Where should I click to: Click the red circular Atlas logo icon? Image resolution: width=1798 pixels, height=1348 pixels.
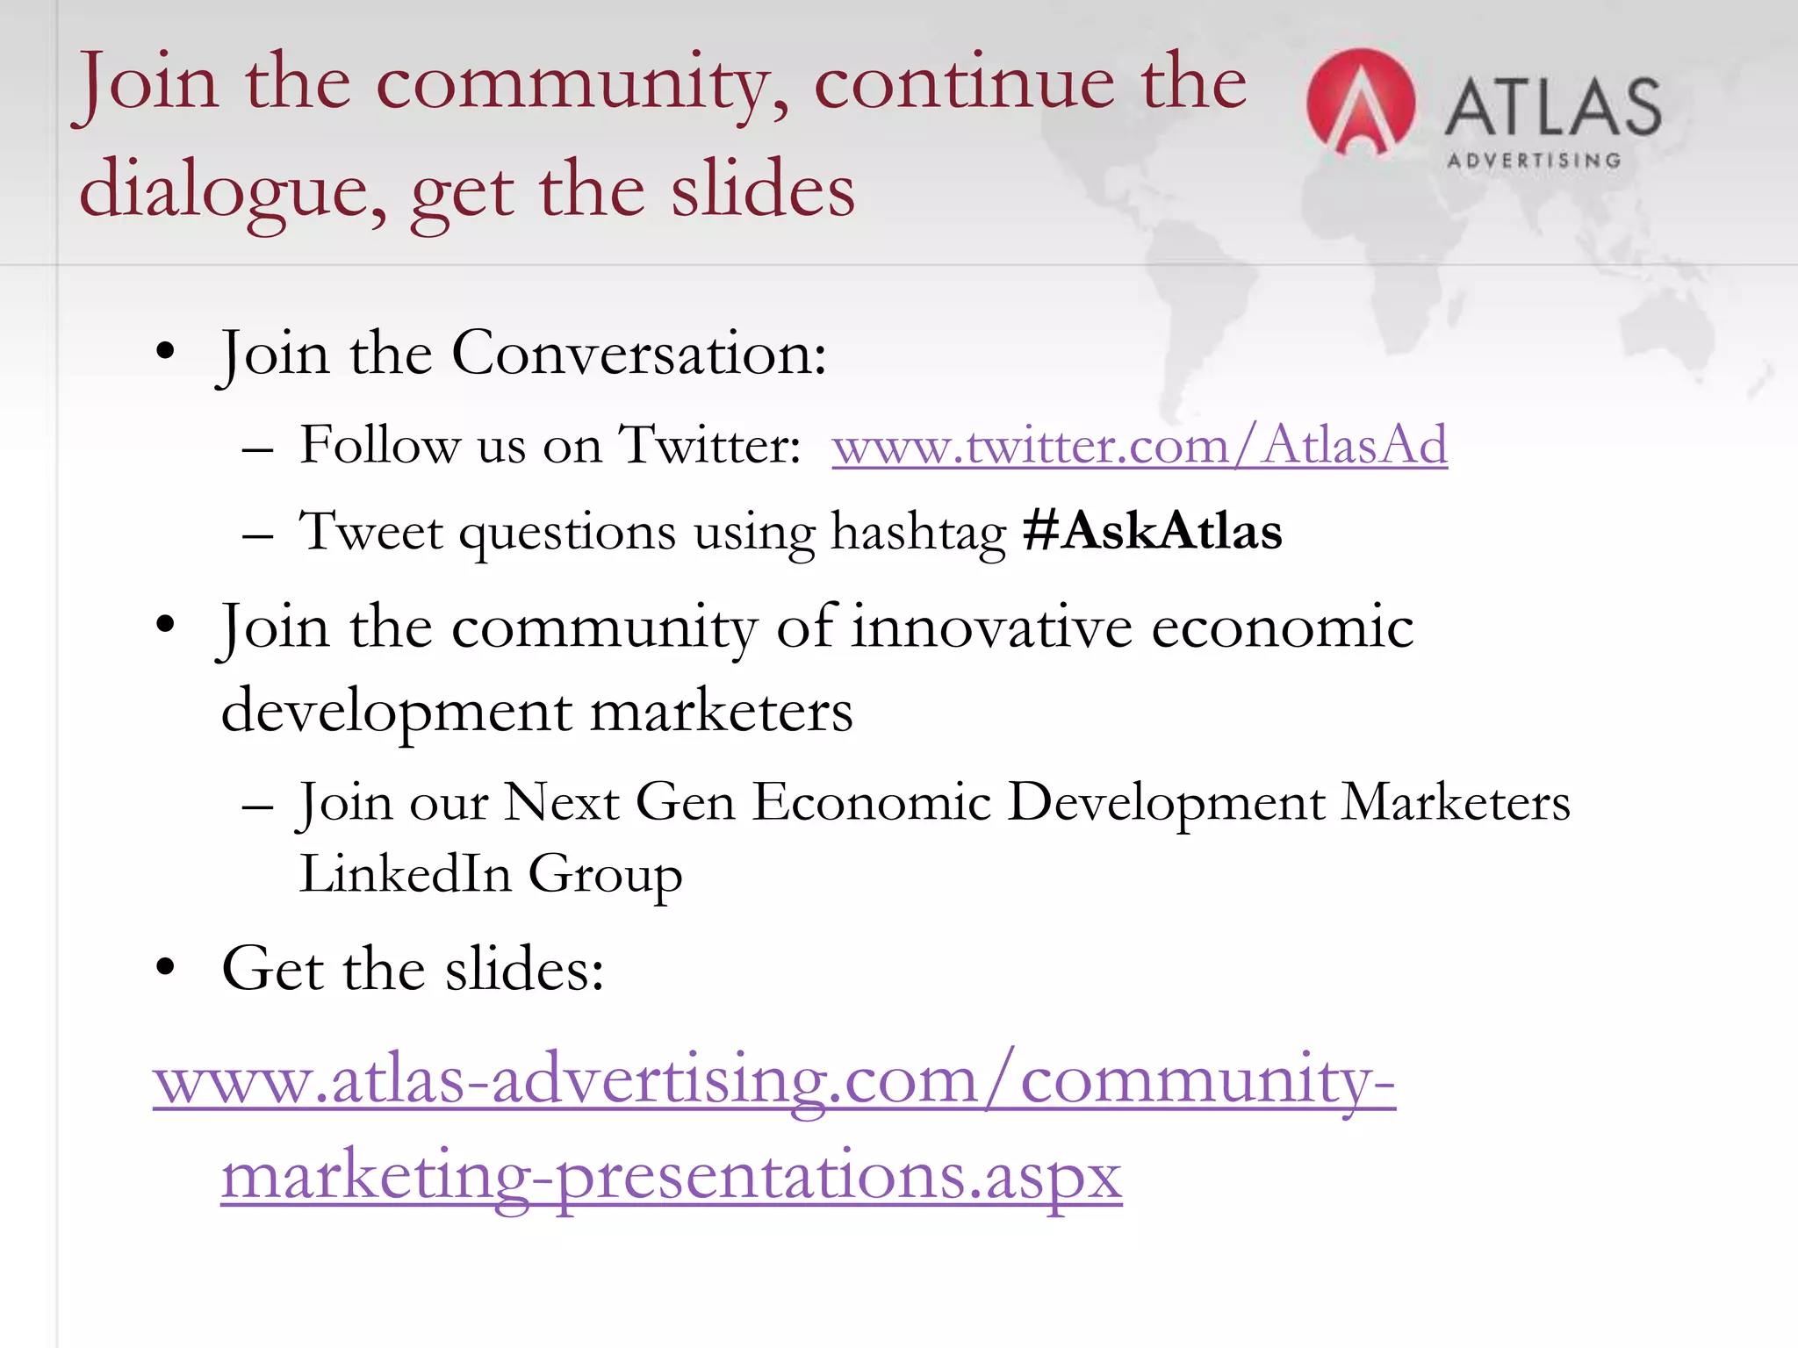tap(1360, 104)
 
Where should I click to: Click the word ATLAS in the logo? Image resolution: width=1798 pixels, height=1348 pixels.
tap(1553, 107)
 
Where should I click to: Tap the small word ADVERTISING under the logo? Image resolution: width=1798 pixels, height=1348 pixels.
tap(1534, 161)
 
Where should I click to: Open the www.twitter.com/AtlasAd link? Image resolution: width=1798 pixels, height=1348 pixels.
tap(1140, 445)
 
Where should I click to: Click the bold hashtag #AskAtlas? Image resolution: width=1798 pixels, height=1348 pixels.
tap(1153, 531)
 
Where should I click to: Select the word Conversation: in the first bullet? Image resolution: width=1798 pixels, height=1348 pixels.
tap(639, 354)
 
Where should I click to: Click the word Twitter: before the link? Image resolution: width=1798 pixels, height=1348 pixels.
tap(709, 445)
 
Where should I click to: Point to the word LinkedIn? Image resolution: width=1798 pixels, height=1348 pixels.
tap(406, 873)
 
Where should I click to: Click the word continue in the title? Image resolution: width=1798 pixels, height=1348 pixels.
tap(963, 83)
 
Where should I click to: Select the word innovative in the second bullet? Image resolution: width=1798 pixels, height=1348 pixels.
tap(992, 627)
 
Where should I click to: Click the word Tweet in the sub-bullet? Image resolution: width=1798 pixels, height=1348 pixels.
tap(371, 531)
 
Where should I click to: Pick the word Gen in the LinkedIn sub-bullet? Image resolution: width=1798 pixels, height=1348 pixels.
tap(685, 802)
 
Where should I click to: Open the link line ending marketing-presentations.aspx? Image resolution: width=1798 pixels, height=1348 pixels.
tap(672, 1176)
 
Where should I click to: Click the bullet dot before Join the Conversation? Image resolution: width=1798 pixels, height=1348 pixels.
tap(165, 352)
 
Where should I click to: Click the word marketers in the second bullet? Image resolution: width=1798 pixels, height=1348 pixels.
tap(721, 711)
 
